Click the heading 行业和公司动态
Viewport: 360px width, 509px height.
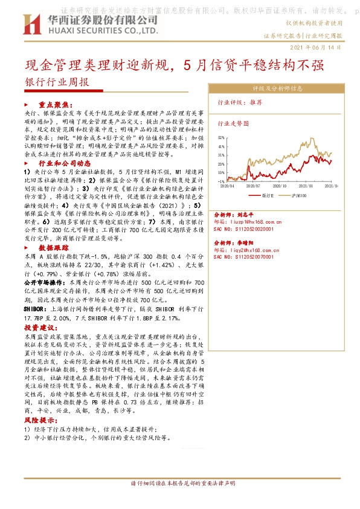click(x=65, y=163)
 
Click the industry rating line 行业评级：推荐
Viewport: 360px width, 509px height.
click(x=240, y=103)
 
